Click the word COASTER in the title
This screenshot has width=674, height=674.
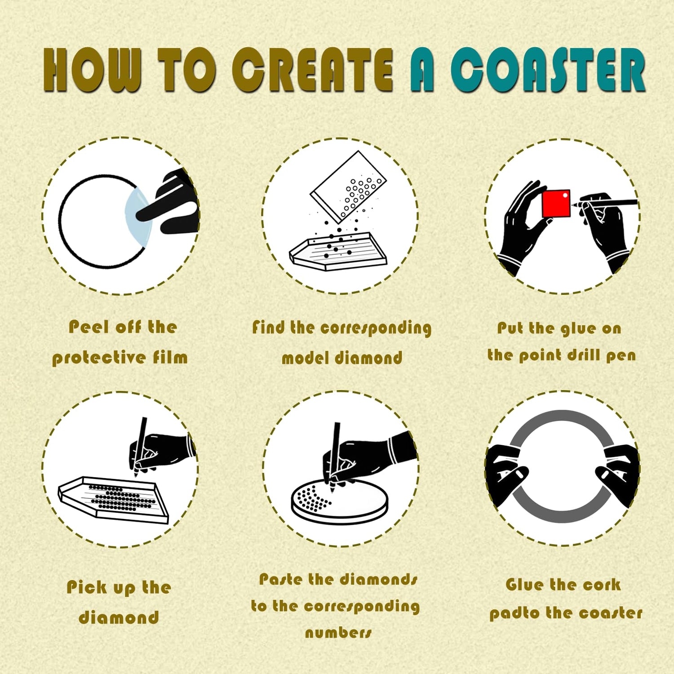pyautogui.click(x=548, y=70)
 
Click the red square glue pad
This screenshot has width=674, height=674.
pyautogui.click(x=556, y=204)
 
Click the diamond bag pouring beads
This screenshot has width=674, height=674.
pyautogui.click(x=348, y=186)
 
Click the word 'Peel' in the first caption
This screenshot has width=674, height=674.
pyautogui.click(x=89, y=327)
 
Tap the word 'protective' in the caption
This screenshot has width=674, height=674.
pyautogui.click(x=99, y=358)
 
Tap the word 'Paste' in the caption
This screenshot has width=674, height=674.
pyautogui.click(x=281, y=579)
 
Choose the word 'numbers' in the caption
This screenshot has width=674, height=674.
pyautogui.click(x=338, y=633)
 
